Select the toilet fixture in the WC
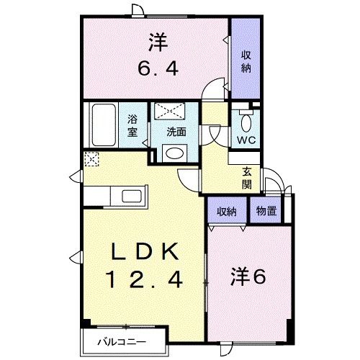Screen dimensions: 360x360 tap(246, 117)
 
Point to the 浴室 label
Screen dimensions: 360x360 tap(134, 127)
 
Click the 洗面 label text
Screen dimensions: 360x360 tap(176, 132)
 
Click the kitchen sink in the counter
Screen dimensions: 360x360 tap(133, 197)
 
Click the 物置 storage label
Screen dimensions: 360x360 tap(265, 211)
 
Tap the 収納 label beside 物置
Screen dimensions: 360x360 tap(227, 211)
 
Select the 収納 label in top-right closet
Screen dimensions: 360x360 tap(245, 61)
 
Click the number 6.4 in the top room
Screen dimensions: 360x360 tap(158, 71)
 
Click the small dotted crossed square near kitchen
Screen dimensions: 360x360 tap(91, 159)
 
